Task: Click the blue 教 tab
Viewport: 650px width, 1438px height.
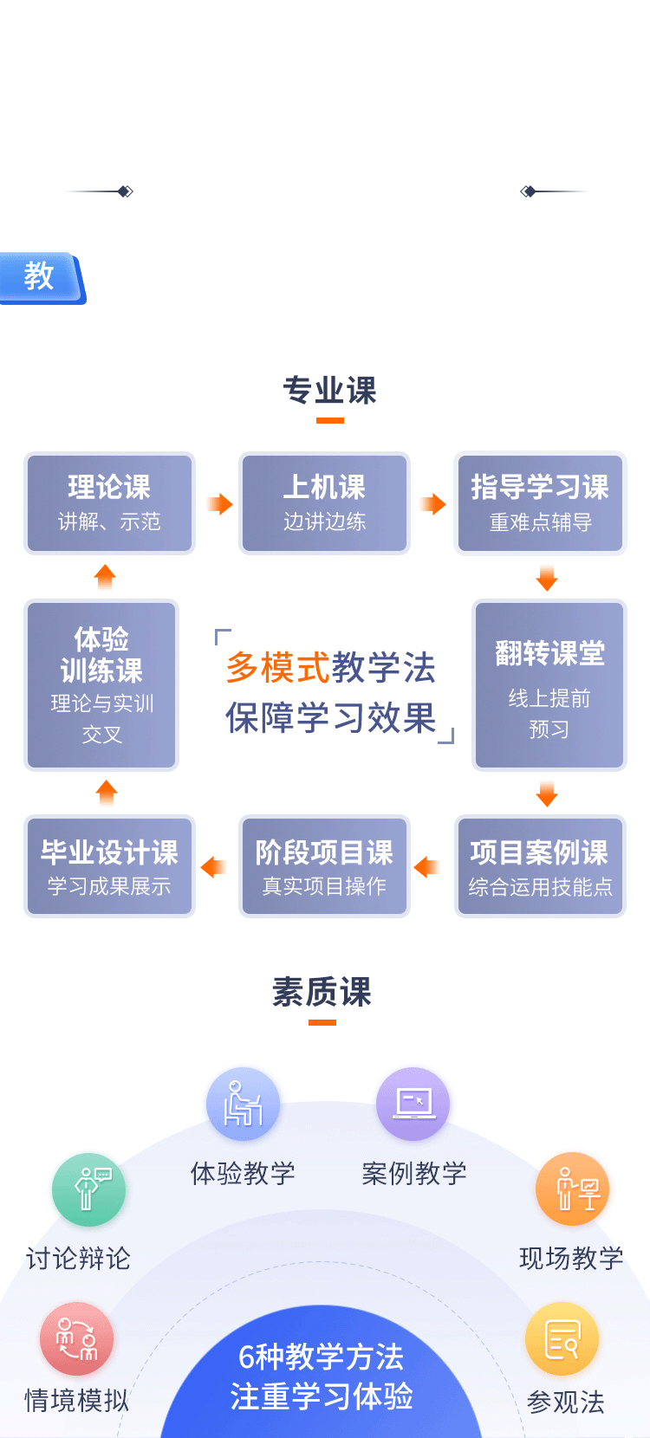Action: (x=40, y=277)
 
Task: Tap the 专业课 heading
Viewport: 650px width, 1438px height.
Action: (x=330, y=391)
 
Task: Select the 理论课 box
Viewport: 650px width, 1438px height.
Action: (x=109, y=502)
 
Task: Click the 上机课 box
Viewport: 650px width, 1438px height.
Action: (x=324, y=502)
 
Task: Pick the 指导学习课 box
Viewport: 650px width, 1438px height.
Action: (x=540, y=502)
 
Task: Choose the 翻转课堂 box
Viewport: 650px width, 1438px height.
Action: (x=549, y=685)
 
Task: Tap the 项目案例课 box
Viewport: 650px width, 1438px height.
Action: (x=540, y=866)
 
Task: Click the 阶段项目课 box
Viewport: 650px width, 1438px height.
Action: (x=324, y=866)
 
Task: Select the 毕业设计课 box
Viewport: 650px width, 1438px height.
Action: (x=109, y=866)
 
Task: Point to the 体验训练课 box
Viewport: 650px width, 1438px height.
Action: (x=101, y=685)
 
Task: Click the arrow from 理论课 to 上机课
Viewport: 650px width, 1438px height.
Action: (x=220, y=504)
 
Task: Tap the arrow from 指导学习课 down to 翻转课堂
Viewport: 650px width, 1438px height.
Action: (x=547, y=578)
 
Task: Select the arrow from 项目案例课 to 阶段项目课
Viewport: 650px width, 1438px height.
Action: (x=426, y=867)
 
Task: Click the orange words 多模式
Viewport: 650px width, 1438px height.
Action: (x=277, y=668)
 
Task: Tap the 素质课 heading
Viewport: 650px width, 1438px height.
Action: (x=322, y=992)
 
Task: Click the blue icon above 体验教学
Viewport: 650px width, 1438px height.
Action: (x=243, y=1104)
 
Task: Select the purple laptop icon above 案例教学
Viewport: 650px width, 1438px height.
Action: (x=413, y=1104)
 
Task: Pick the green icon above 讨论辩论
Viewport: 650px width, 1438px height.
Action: (x=88, y=1189)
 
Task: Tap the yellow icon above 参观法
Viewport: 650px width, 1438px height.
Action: (x=562, y=1339)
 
